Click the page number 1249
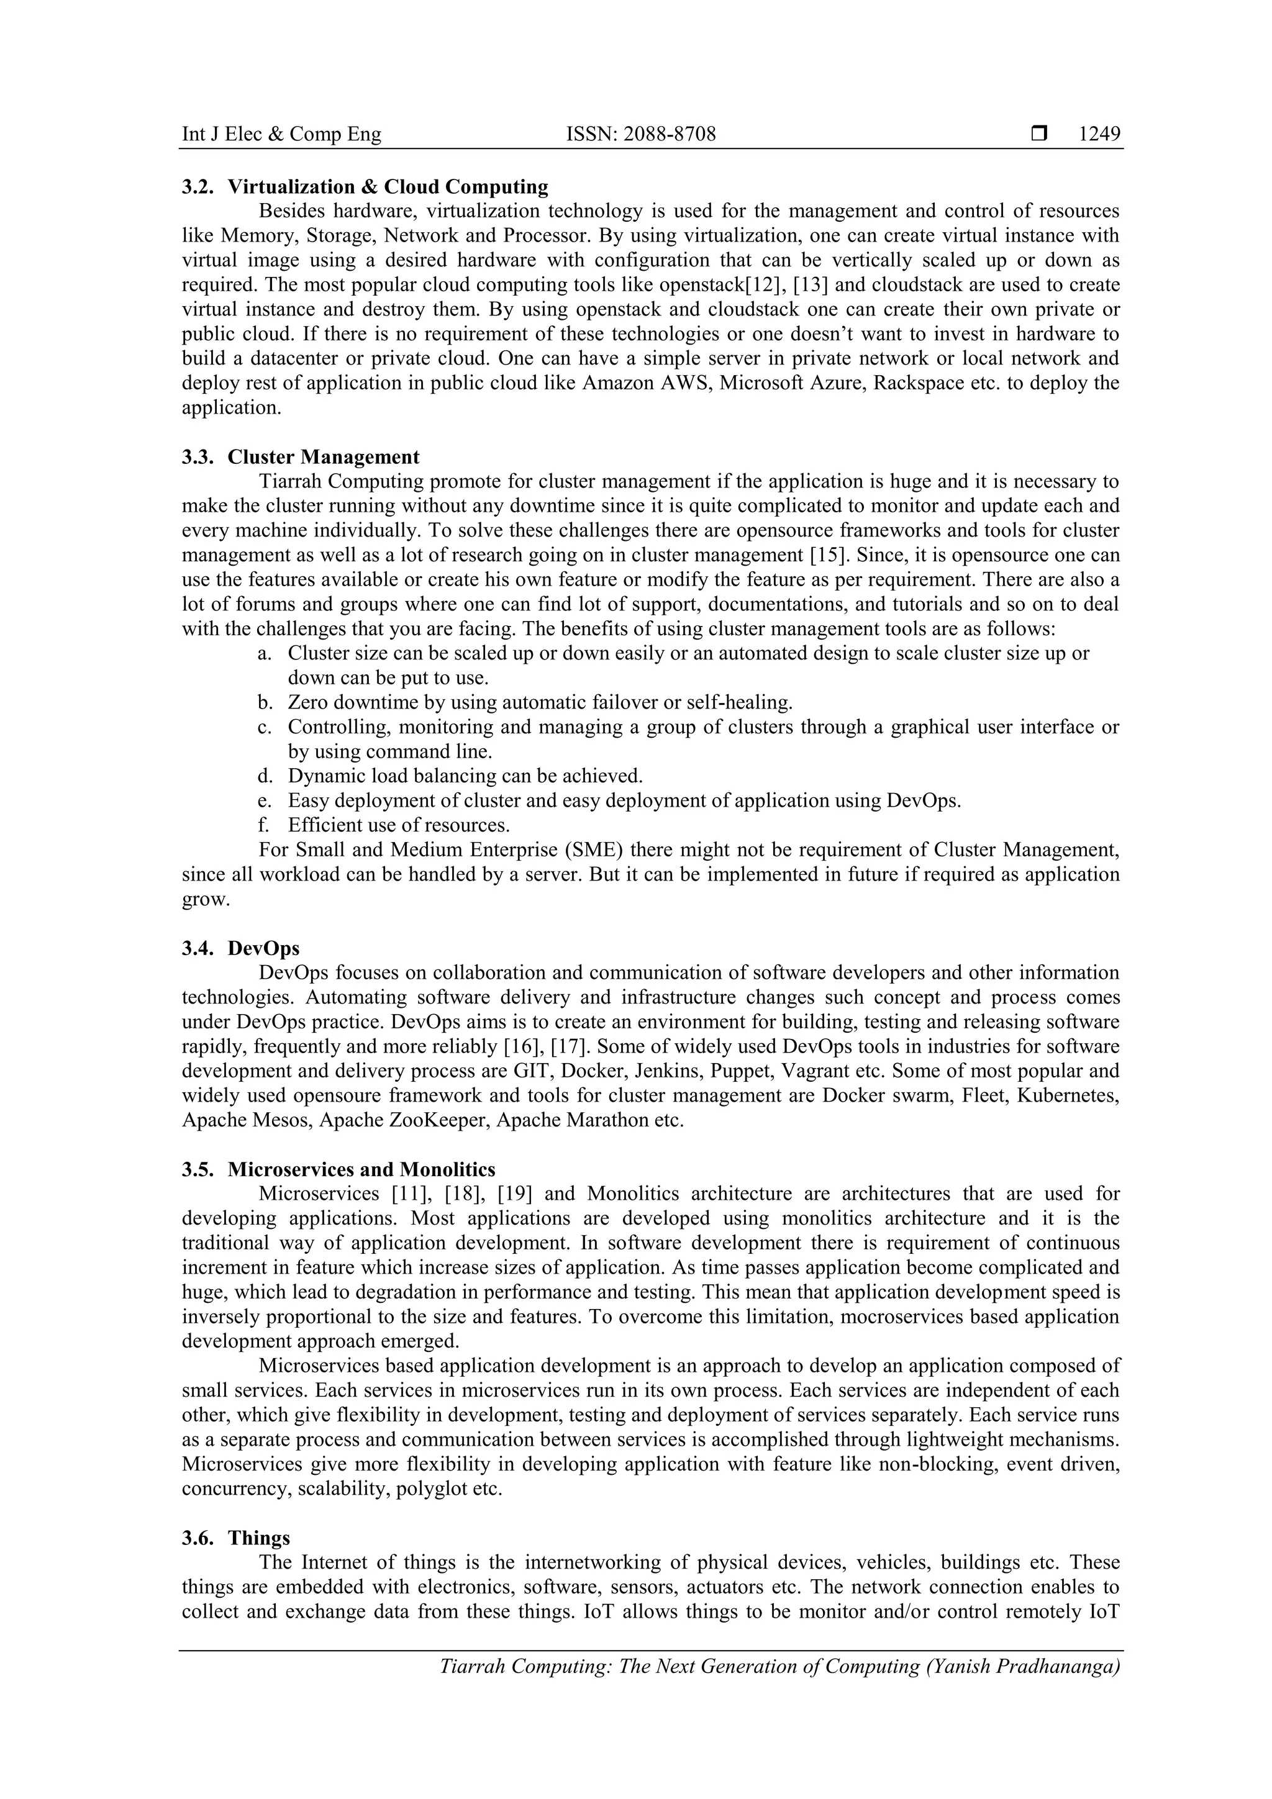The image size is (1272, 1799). [x=1099, y=135]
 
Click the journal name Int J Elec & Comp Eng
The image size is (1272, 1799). [x=281, y=135]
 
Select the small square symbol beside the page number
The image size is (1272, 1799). [x=1039, y=135]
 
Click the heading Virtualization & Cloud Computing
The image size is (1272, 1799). [x=388, y=188]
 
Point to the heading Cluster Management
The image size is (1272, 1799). [x=323, y=458]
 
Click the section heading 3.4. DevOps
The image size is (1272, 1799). [x=240, y=949]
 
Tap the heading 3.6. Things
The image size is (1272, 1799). [x=236, y=1538]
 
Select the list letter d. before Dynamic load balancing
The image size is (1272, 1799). [x=264, y=776]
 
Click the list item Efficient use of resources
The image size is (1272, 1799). [x=398, y=826]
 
